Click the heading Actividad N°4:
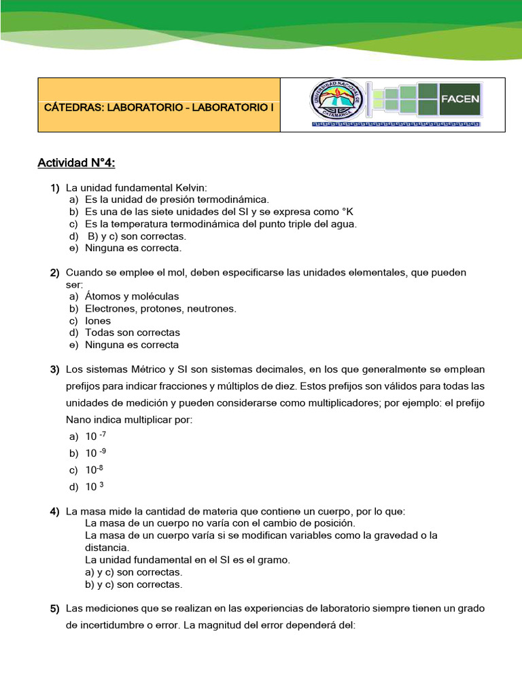pos(77,163)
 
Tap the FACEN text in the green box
pos(460,98)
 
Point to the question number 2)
pos(54,272)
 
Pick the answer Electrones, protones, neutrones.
pos(160,309)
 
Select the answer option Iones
pos(98,321)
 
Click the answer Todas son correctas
pos(133,333)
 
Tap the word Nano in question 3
pos(79,420)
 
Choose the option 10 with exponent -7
pos(95,436)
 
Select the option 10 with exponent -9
pos(95,453)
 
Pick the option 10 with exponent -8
pos(94,470)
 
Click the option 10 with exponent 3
pos(94,487)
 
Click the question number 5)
pos(54,608)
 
